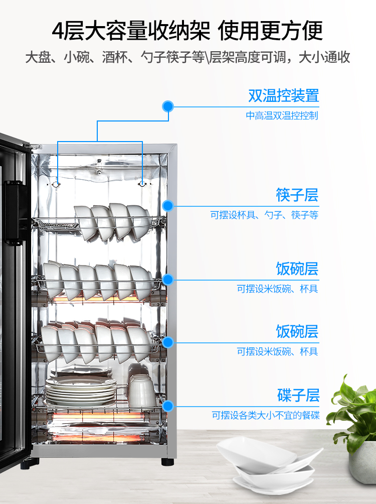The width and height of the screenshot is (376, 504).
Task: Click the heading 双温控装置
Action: tap(283, 95)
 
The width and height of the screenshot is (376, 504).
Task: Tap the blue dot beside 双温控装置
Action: tap(168, 106)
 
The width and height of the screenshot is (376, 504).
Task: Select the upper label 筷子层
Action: tap(297, 195)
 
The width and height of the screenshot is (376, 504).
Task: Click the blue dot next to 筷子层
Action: tap(168, 205)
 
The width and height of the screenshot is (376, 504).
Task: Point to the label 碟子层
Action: tap(298, 395)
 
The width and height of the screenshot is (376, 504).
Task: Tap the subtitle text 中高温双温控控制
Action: tap(282, 116)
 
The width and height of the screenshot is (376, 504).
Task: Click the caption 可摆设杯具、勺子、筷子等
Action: tap(264, 215)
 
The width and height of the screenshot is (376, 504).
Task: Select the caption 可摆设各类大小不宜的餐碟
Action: tap(265, 416)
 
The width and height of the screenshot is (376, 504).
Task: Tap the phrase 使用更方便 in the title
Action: tap(270, 31)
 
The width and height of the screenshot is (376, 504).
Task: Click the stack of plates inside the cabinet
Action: tap(81, 390)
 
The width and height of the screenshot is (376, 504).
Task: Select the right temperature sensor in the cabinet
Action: tap(142, 184)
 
